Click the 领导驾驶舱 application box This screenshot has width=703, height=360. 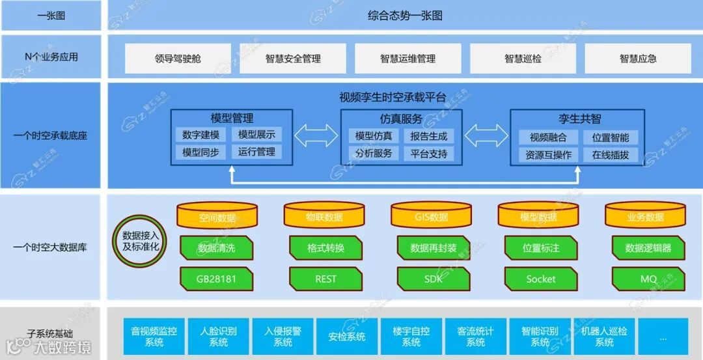[x=178, y=59]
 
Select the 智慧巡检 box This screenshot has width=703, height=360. [x=523, y=59]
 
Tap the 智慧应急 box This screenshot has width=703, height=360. [x=638, y=59]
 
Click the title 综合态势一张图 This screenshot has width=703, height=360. [x=405, y=16]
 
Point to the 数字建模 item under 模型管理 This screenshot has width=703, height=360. [x=201, y=135]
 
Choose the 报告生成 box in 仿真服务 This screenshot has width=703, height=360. [x=428, y=136]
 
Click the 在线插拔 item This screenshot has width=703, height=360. [x=610, y=155]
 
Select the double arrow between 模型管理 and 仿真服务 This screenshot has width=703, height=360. [x=316, y=136]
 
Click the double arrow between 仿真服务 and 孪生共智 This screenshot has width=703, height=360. [x=486, y=136]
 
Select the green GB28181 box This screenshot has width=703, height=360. [x=216, y=279]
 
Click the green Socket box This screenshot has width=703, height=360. [x=540, y=279]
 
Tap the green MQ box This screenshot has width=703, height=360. [x=648, y=279]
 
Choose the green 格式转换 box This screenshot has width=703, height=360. [x=325, y=248]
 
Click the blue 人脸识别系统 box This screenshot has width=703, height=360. [x=219, y=337]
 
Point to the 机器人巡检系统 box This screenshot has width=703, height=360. [x=604, y=337]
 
